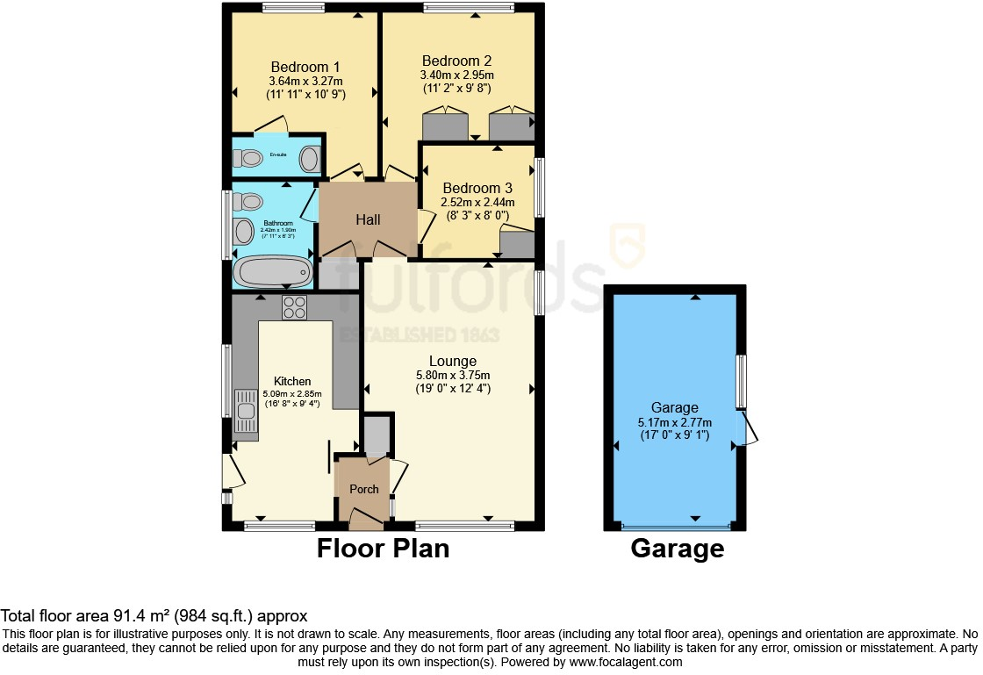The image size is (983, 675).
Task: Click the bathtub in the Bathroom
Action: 273,271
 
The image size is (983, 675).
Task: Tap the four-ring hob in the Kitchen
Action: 294,307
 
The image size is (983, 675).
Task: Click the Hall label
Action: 369,219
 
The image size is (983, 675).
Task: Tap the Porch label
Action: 363,489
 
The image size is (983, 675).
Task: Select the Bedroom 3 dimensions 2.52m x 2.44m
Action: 477,203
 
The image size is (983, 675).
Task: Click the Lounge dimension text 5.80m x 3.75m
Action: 453,375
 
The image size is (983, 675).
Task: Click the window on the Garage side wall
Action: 741,382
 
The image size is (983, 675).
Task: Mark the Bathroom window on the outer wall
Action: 226,225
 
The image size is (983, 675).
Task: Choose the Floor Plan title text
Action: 383,549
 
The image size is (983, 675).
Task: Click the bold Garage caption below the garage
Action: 677,549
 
